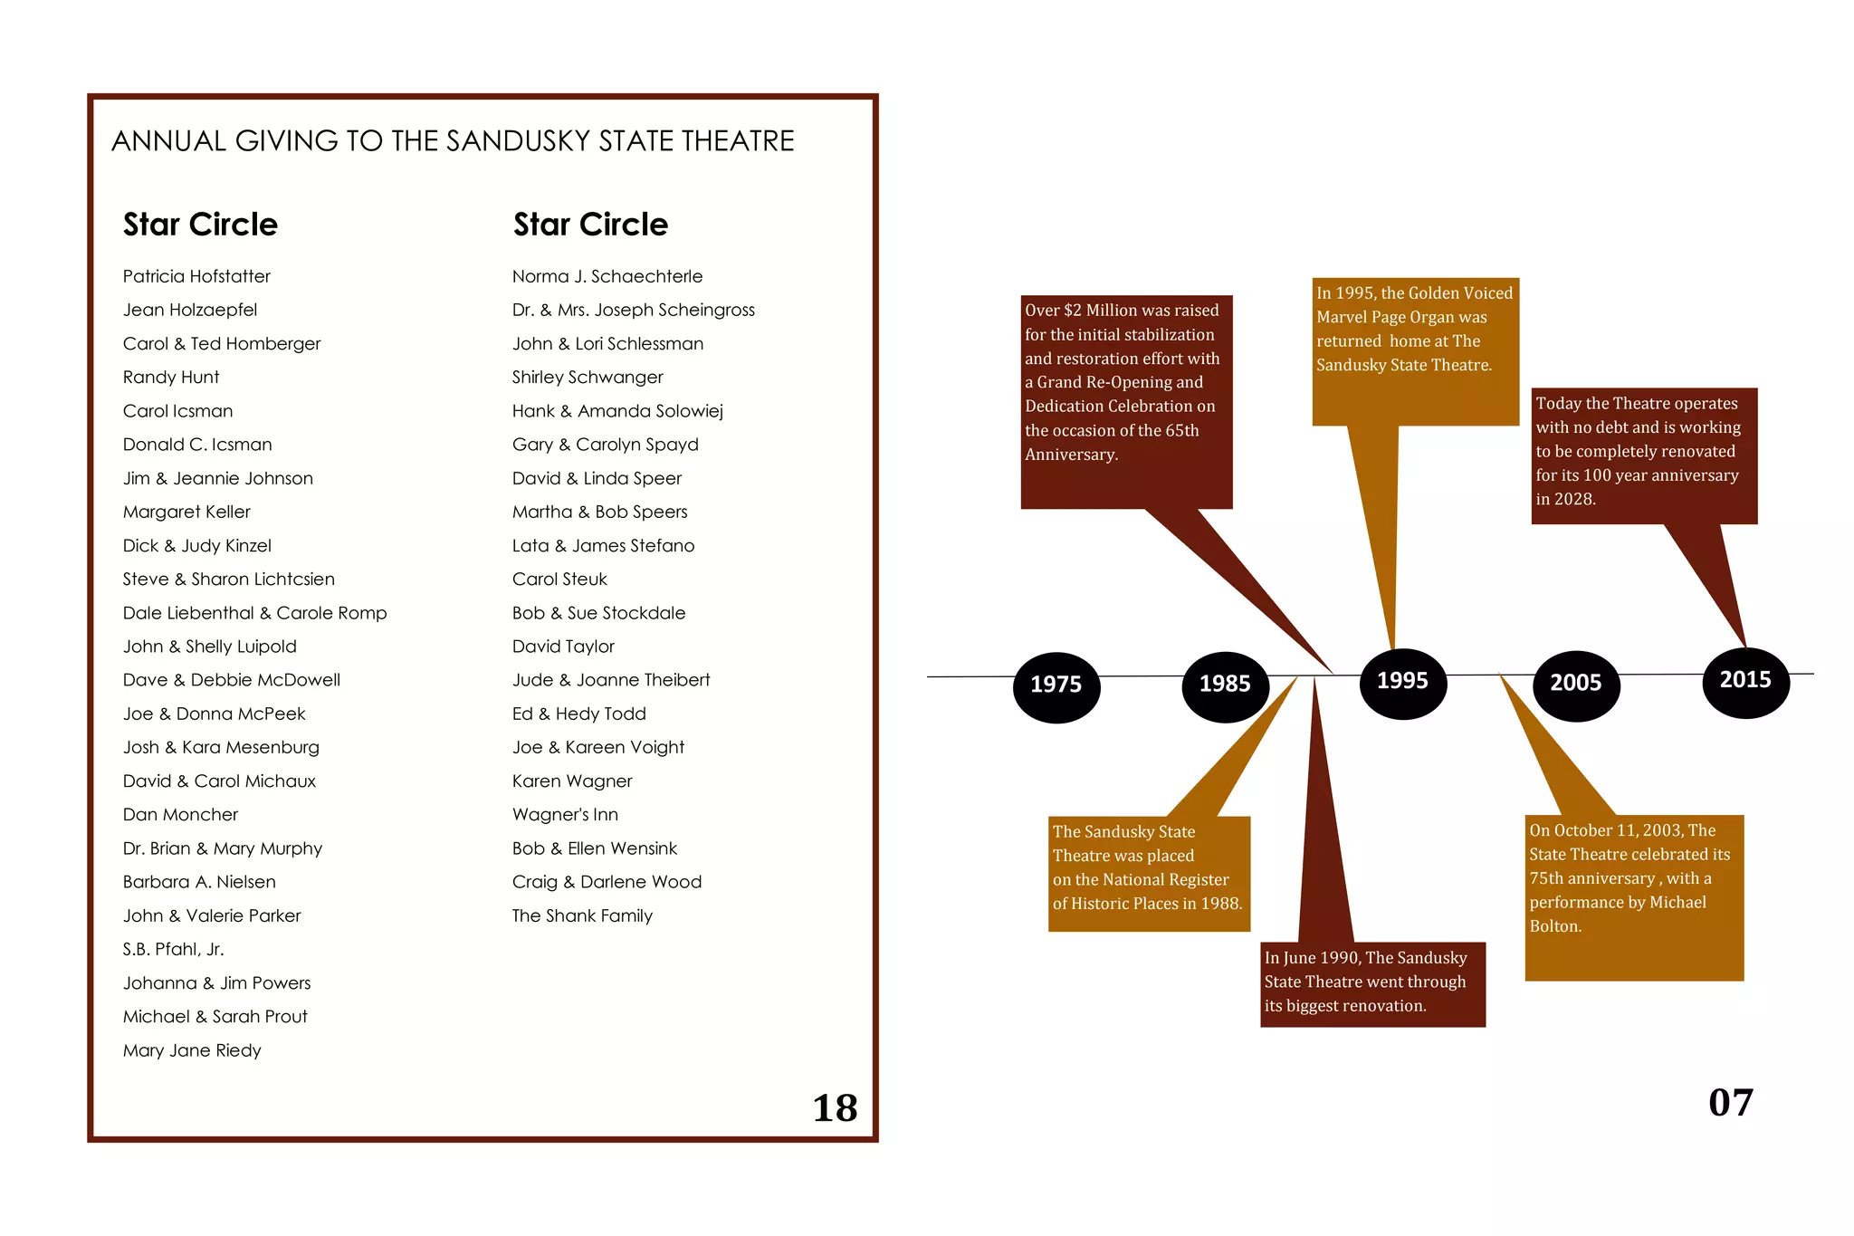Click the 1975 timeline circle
(x=1056, y=686)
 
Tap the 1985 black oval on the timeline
(x=1225, y=686)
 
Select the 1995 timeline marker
(x=1402, y=683)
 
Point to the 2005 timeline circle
(x=1576, y=685)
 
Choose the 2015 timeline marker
(x=1745, y=682)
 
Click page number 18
(x=835, y=1108)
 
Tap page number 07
(x=1730, y=1103)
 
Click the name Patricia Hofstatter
(x=196, y=276)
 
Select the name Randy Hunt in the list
(x=171, y=378)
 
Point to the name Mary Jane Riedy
(x=192, y=1050)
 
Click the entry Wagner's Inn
(x=565, y=815)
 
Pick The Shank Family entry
(x=582, y=915)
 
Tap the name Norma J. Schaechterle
(x=607, y=276)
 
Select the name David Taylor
(x=563, y=647)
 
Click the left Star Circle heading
(x=200, y=225)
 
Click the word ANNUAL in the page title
(x=168, y=141)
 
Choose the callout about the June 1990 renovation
(x=1371, y=983)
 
